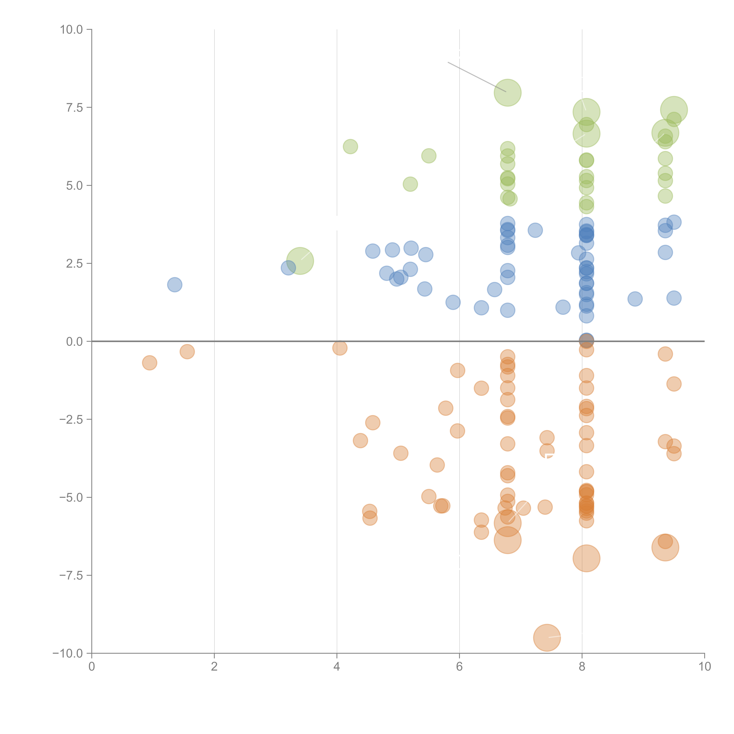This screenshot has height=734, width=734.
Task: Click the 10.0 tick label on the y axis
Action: point(71,30)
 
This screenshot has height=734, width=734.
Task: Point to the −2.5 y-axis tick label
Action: point(71,419)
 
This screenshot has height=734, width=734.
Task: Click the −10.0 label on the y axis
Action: point(68,653)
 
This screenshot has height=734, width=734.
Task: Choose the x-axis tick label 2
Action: point(214,667)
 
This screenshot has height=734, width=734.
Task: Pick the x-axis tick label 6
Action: point(459,667)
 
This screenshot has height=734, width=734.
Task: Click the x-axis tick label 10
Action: point(704,667)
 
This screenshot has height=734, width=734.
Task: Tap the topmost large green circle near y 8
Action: point(508,93)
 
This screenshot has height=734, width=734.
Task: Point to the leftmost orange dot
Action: point(150,363)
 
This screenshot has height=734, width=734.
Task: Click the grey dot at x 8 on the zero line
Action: point(586,340)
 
